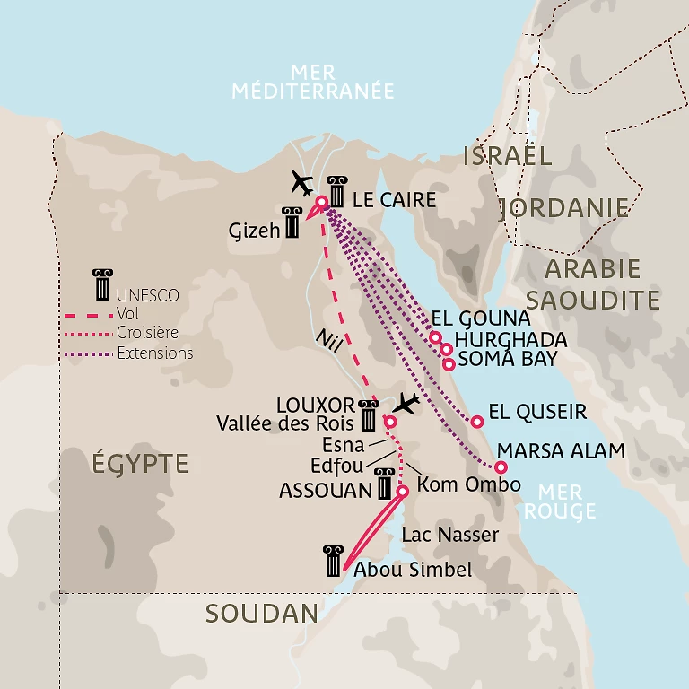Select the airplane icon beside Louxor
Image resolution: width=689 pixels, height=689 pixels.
click(x=406, y=404)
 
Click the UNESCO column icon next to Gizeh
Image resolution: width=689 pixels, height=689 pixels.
click(x=292, y=222)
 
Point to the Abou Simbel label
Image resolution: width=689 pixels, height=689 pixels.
click(x=413, y=570)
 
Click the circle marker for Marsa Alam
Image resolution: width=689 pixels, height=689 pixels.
click(x=501, y=467)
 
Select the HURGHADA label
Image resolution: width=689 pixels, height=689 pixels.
click(x=510, y=340)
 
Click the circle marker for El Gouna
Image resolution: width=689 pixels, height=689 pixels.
click(x=435, y=337)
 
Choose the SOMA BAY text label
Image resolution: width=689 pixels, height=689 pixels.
click(x=507, y=359)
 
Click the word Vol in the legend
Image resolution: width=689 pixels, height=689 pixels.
click(x=127, y=313)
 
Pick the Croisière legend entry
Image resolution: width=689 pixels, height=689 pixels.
click(x=147, y=333)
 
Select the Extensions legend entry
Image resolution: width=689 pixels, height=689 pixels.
click(x=154, y=353)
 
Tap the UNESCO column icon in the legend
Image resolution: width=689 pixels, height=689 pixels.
click(x=100, y=284)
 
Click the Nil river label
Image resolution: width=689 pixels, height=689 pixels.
click(x=327, y=340)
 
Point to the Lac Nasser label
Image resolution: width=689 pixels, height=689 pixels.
click(x=449, y=536)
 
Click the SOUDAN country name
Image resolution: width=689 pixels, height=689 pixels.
click(x=261, y=614)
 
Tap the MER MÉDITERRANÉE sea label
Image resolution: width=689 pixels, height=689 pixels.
click(x=312, y=82)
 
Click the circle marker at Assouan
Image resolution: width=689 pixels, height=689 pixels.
click(x=403, y=491)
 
